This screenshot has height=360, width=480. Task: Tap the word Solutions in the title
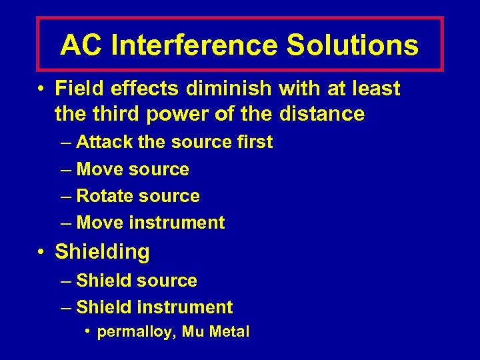(353, 45)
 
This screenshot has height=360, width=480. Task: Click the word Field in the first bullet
(79, 88)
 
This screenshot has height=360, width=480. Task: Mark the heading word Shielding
(102, 252)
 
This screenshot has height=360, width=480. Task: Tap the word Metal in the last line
(229, 331)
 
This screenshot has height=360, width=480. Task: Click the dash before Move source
(65, 169)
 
